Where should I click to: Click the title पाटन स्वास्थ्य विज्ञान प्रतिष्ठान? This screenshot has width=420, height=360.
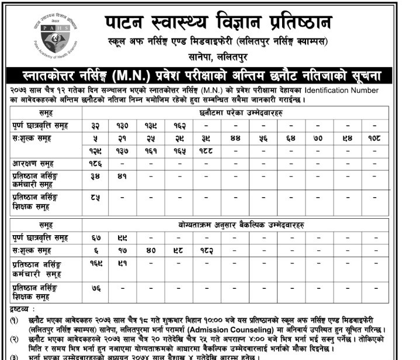click(x=218, y=23)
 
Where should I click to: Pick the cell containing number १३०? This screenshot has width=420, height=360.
click(x=123, y=125)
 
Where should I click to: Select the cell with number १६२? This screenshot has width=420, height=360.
click(x=180, y=125)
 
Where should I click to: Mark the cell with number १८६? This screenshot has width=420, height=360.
click(x=95, y=164)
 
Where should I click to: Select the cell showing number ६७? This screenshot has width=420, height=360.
click(x=95, y=237)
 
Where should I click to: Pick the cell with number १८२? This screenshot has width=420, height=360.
click(x=208, y=250)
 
